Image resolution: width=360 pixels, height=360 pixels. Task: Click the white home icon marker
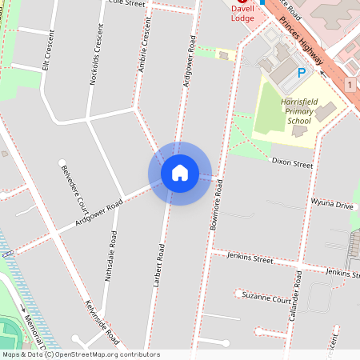(180, 173)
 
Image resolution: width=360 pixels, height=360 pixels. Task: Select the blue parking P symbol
(302, 72)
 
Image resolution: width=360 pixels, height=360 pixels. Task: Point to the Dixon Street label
(291, 164)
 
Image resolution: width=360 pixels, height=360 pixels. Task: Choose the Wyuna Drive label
(331, 205)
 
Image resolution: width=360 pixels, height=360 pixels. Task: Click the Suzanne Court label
(268, 298)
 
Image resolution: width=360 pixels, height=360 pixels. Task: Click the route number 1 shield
(350, 84)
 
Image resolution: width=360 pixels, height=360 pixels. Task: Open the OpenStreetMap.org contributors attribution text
(107, 354)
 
